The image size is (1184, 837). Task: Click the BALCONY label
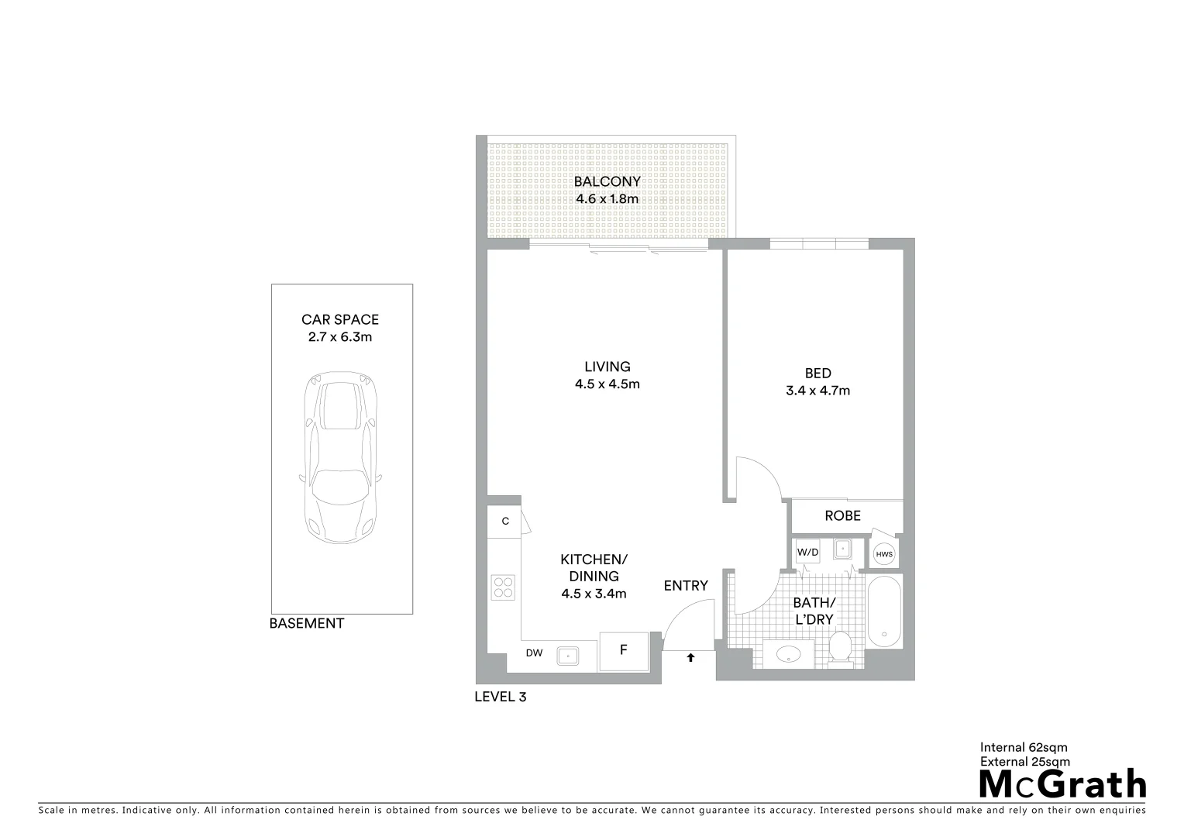pyautogui.click(x=607, y=182)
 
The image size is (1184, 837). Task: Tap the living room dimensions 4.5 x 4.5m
pyautogui.click(x=607, y=384)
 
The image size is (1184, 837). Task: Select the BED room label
pyautogui.click(x=817, y=374)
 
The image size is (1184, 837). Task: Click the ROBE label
pyautogui.click(x=842, y=516)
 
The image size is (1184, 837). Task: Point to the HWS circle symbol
pyautogui.click(x=884, y=554)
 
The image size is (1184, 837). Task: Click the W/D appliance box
pyautogui.click(x=807, y=553)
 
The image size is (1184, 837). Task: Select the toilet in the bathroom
pyautogui.click(x=840, y=649)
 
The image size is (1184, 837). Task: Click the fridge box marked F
pyautogui.click(x=623, y=651)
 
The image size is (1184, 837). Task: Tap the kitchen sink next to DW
pyautogui.click(x=568, y=655)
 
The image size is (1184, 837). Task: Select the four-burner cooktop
pyautogui.click(x=503, y=587)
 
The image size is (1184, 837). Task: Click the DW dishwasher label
pyautogui.click(x=534, y=653)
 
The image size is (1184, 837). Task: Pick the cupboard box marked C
pyautogui.click(x=505, y=522)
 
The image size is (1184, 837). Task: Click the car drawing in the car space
pyautogui.click(x=342, y=458)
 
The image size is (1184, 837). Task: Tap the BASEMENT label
pyautogui.click(x=306, y=623)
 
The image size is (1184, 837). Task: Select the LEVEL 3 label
pyautogui.click(x=500, y=697)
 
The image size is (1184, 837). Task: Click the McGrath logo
pyautogui.click(x=1062, y=784)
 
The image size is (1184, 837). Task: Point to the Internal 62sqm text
pyautogui.click(x=1024, y=748)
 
